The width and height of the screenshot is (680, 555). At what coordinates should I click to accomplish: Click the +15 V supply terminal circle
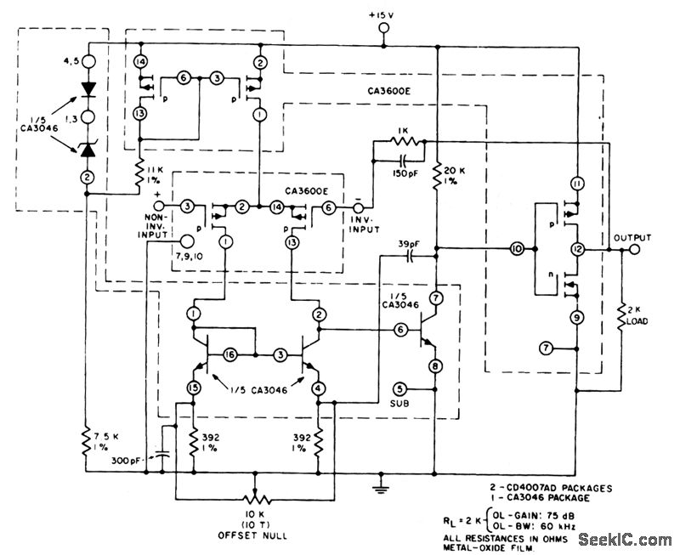point(383,28)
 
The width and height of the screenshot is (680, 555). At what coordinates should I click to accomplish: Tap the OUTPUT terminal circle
point(634,249)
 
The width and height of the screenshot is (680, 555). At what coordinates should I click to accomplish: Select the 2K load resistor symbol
point(621,316)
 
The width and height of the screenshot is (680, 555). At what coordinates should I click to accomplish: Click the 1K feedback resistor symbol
point(404,141)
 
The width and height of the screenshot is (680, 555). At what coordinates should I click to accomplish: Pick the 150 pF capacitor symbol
point(403,161)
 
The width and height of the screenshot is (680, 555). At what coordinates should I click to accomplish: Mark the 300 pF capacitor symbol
point(162,456)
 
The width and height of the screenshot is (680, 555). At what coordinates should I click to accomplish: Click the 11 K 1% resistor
point(139,173)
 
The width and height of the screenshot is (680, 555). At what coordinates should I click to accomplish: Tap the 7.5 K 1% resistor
point(87,441)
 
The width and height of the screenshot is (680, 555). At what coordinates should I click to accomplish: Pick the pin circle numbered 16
point(229,355)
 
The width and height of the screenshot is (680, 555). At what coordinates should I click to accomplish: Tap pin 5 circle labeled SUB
point(399,389)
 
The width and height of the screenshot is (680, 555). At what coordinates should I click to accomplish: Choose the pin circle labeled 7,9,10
point(187,241)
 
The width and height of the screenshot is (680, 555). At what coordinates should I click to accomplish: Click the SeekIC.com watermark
point(625,540)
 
